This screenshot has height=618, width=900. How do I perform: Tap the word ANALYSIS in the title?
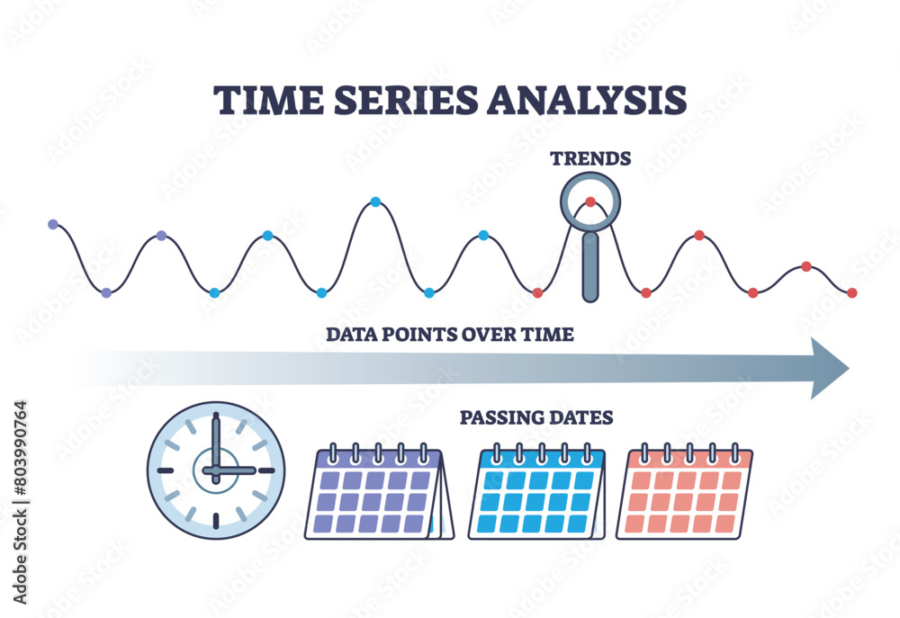pos(586,100)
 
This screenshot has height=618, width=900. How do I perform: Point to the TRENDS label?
pos(590,158)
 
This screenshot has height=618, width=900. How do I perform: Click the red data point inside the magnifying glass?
pos(590,202)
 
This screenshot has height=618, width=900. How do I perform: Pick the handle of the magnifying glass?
pos(590,268)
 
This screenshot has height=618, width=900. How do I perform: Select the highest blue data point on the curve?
pos(375,202)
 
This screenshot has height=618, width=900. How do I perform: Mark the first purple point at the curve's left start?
pos(52,223)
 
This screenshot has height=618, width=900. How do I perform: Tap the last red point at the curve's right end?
pos(851,292)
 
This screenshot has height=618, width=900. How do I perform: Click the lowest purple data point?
pos(106,292)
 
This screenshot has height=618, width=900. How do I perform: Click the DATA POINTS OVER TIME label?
pos(449,335)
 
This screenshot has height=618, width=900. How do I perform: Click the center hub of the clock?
pos(216,470)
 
